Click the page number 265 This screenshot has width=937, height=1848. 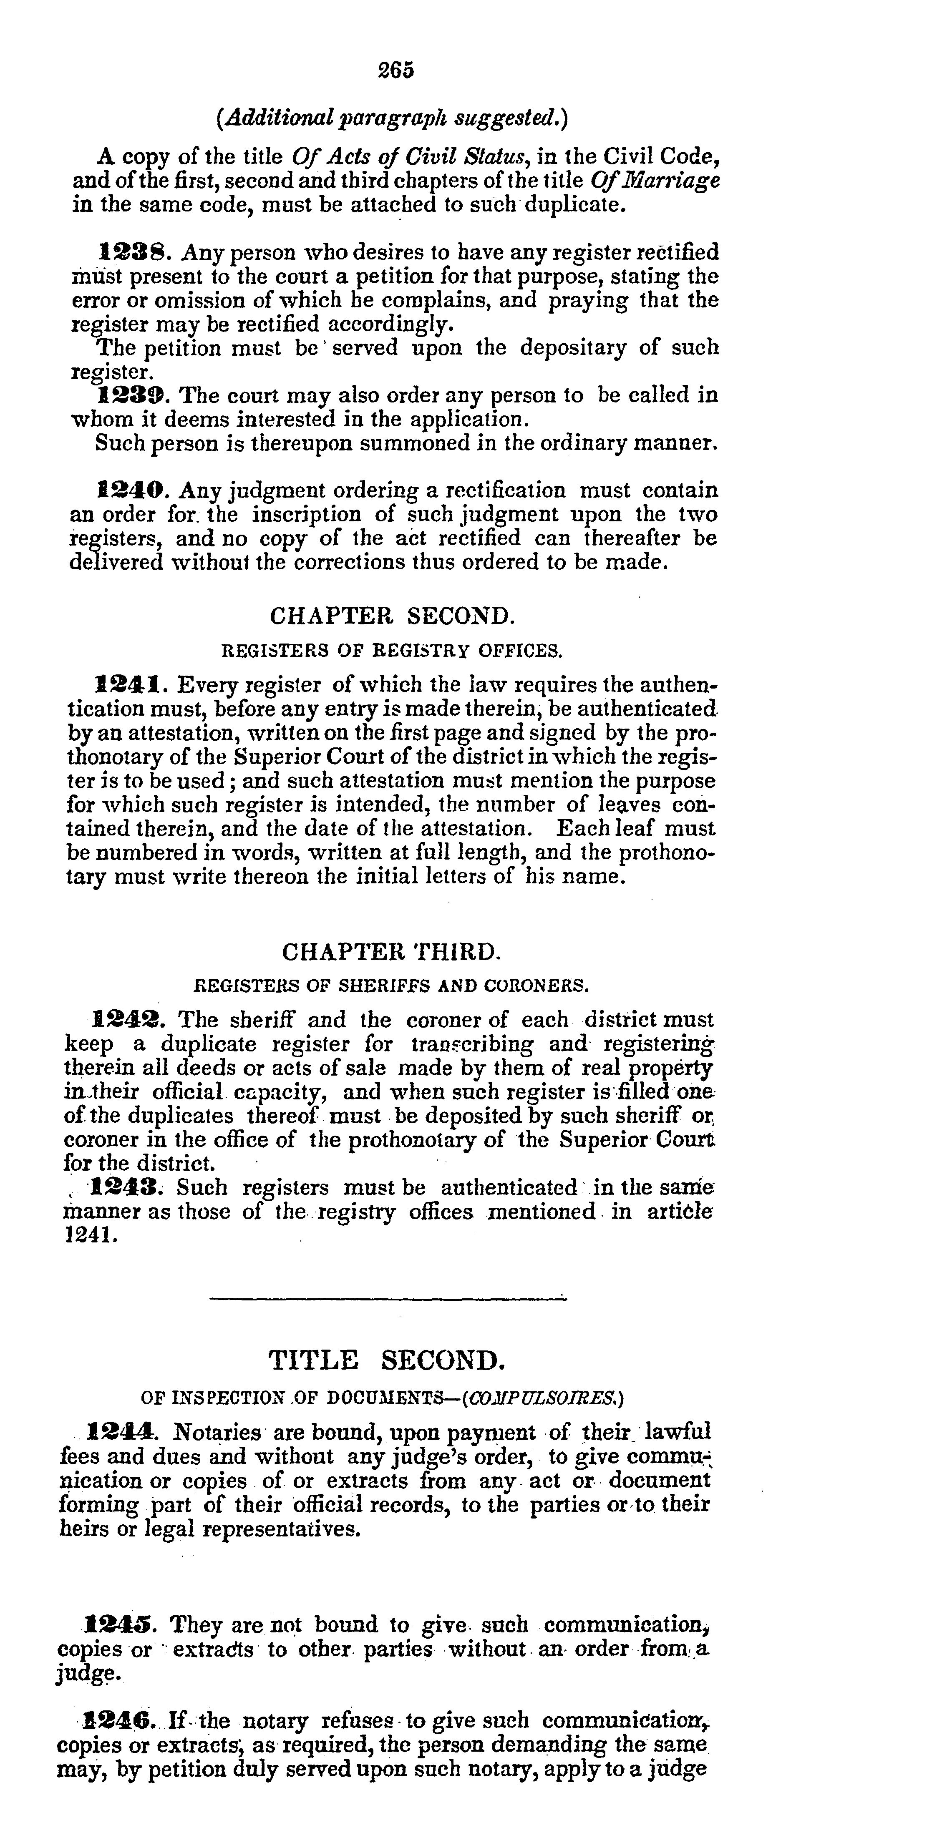[396, 70]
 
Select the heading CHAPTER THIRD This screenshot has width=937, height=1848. [391, 952]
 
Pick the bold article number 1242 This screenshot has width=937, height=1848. [129, 1019]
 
